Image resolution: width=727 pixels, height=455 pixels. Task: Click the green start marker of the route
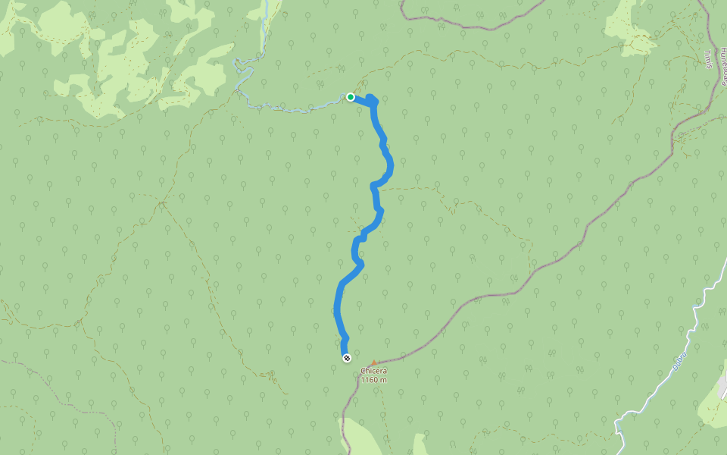(x=351, y=97)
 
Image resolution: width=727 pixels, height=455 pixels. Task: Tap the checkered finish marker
(x=346, y=358)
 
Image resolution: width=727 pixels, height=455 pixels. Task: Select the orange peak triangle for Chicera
(x=373, y=362)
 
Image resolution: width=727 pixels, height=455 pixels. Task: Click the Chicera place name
(x=373, y=371)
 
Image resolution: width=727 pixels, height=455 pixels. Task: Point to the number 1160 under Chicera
(x=369, y=379)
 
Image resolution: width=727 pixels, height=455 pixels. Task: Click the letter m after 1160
(x=384, y=379)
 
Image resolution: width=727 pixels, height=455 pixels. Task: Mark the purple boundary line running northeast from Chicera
(x=530, y=273)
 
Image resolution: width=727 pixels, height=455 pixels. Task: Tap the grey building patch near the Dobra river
(x=723, y=387)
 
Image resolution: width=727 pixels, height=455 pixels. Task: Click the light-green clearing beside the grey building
(x=712, y=409)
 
